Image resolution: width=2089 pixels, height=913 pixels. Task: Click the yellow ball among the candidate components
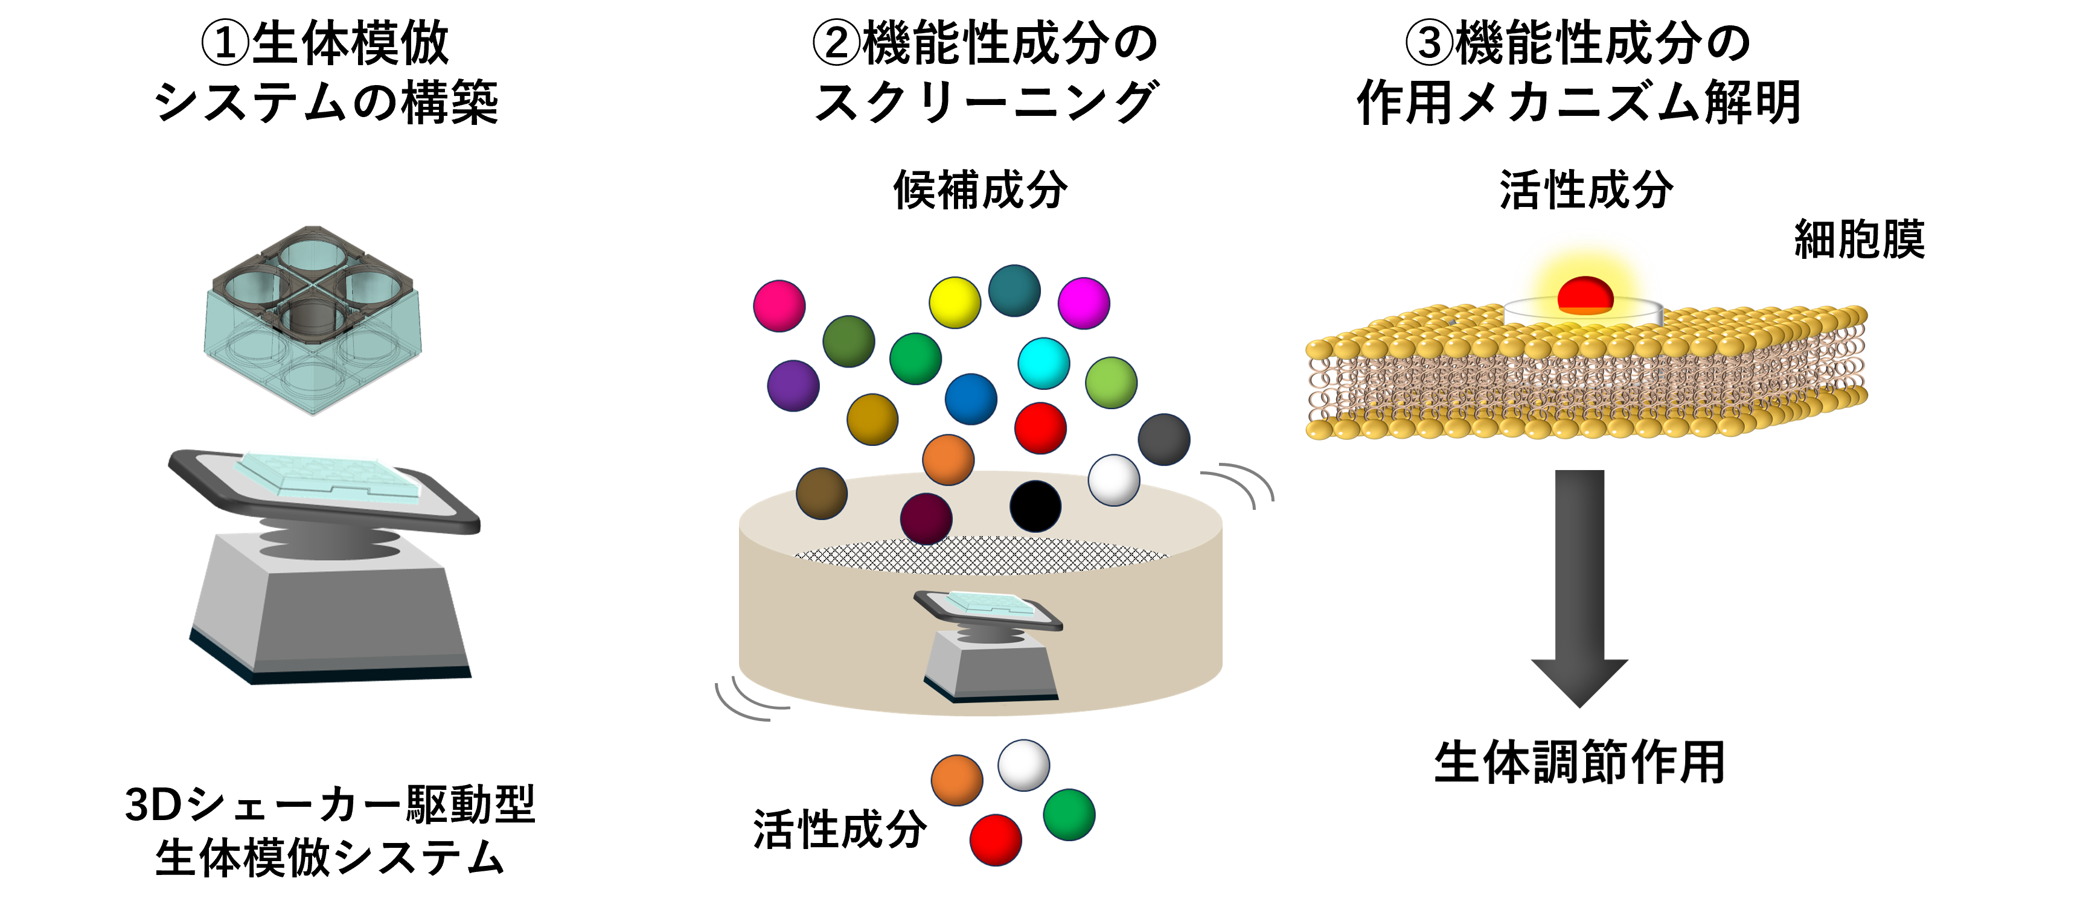tap(955, 302)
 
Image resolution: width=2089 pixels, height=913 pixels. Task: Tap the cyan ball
tap(1044, 363)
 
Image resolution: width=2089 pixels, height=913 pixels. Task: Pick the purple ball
tap(793, 386)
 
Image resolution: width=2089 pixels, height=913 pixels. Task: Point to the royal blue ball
tap(971, 399)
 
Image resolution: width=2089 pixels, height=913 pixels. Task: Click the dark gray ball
tap(1163, 439)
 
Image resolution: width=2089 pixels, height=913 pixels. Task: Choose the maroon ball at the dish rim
tap(926, 519)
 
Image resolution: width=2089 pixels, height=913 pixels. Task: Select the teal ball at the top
tap(1014, 290)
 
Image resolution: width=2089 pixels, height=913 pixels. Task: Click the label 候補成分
tap(981, 191)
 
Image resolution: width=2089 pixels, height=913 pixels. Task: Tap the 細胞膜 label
tap(1859, 239)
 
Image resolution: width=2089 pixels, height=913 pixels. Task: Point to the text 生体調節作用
tap(1579, 762)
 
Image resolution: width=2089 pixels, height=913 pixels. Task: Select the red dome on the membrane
tap(1585, 294)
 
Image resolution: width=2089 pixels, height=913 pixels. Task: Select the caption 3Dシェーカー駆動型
tap(330, 804)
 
